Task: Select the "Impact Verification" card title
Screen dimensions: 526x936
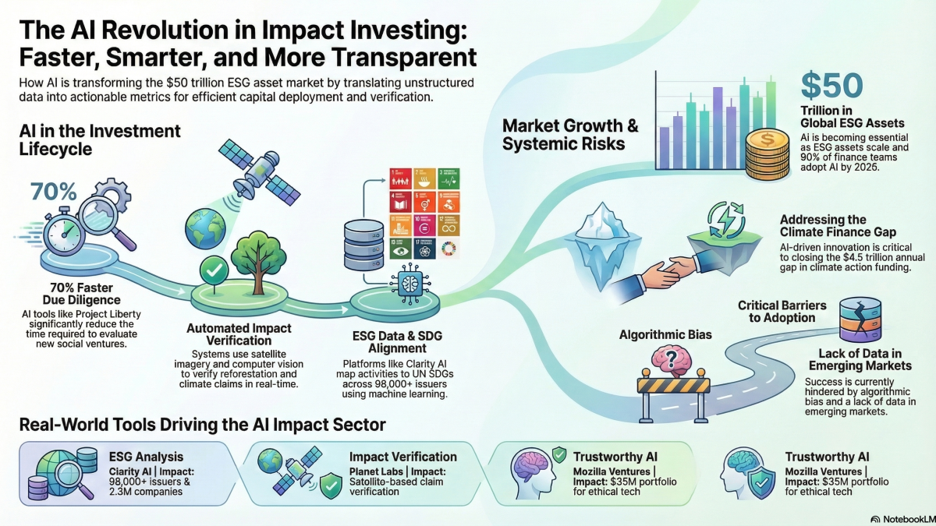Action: click(402, 457)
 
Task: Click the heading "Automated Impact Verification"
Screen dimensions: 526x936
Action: click(240, 336)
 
